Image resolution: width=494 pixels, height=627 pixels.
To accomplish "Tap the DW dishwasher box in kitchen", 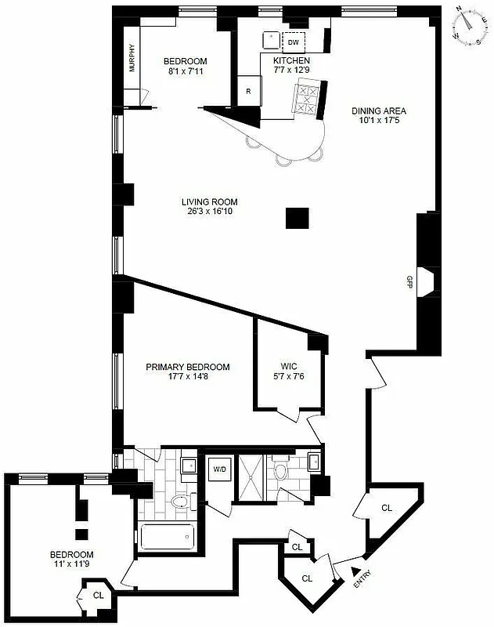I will click(294, 42).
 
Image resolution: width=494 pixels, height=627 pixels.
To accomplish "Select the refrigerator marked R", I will click(248, 90).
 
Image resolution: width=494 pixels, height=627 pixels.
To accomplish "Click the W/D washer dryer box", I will click(217, 469).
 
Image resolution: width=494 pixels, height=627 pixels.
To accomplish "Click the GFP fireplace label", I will click(409, 283).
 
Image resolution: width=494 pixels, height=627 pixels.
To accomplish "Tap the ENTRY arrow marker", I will click(355, 573).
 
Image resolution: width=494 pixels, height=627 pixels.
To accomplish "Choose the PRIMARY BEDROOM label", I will click(188, 367).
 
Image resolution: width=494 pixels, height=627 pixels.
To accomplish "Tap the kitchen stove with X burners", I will click(305, 100).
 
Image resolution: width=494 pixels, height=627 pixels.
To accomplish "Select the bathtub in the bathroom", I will click(167, 538).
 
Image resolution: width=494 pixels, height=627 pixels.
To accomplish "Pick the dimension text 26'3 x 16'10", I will click(207, 212).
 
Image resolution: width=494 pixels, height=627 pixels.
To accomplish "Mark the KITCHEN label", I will click(291, 60).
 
